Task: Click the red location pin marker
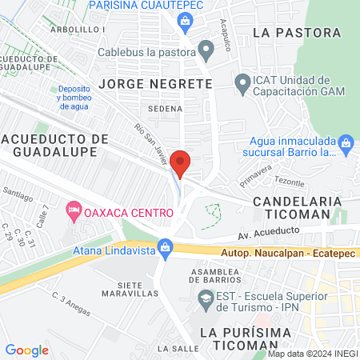click(x=182, y=164)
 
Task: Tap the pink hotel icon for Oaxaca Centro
click(x=74, y=212)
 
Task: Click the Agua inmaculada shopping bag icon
click(x=346, y=145)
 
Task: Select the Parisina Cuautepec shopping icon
click(x=185, y=19)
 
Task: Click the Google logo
click(x=26, y=350)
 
